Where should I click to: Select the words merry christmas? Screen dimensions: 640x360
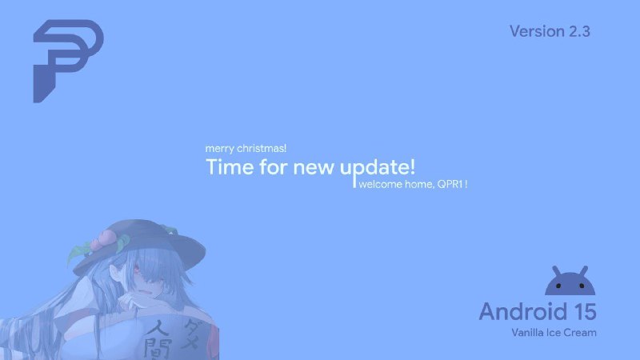(x=246, y=149)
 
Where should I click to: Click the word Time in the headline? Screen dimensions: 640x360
(x=230, y=166)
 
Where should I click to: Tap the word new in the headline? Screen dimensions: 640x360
(x=314, y=168)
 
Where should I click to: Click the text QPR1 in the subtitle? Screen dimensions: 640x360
(x=450, y=184)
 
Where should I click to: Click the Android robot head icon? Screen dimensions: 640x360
(x=570, y=281)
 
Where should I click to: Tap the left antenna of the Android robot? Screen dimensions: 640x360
(x=557, y=272)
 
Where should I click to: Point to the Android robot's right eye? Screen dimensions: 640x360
(x=582, y=286)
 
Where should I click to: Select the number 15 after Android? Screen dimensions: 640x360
(x=585, y=312)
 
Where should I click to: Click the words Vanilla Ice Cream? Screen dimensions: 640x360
(x=554, y=333)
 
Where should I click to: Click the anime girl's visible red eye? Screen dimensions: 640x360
(x=136, y=268)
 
